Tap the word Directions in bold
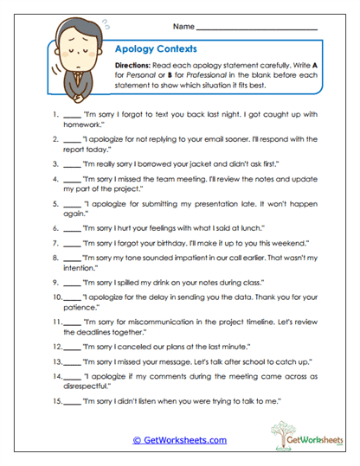pos(134,67)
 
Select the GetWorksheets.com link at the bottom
pos(180,439)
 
